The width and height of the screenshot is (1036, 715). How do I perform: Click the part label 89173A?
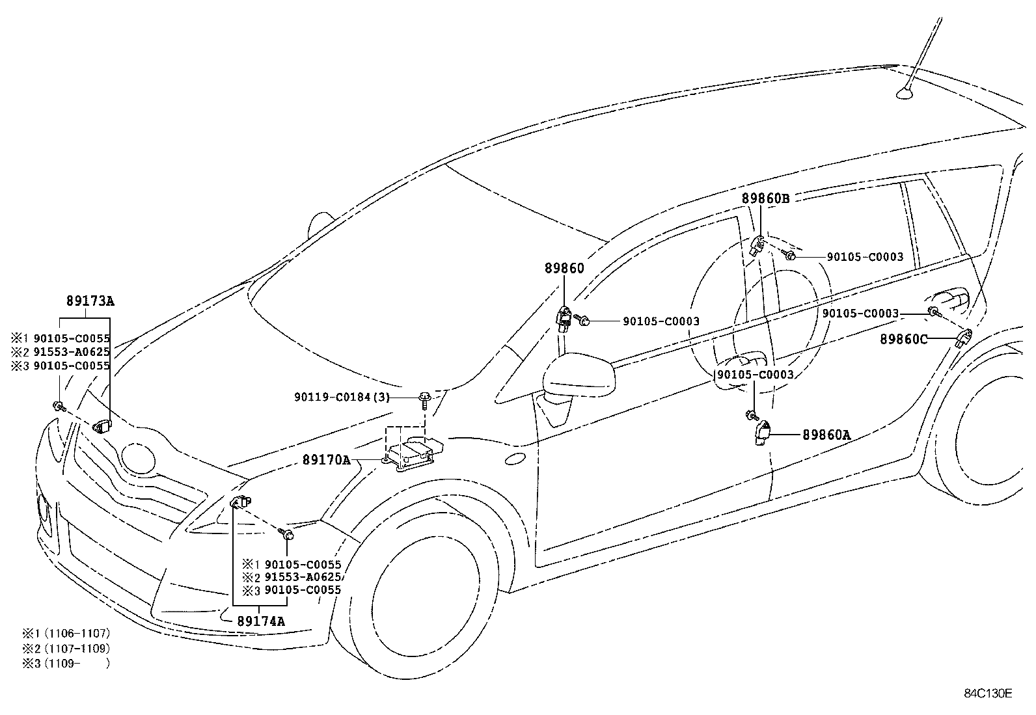click(x=90, y=301)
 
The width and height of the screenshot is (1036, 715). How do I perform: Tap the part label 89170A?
click(x=326, y=460)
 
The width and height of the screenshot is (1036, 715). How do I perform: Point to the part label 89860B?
click(x=765, y=199)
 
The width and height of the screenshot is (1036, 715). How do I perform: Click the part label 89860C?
click(x=903, y=339)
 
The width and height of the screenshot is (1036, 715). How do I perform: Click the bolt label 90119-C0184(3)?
click(x=342, y=397)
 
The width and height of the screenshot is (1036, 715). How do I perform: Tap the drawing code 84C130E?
click(x=988, y=693)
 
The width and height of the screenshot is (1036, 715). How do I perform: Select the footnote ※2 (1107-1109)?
click(x=66, y=648)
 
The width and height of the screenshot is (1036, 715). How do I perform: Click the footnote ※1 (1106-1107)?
click(x=66, y=632)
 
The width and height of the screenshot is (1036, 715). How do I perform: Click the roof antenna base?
click(x=905, y=96)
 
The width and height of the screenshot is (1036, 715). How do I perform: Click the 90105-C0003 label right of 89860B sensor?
click(x=865, y=257)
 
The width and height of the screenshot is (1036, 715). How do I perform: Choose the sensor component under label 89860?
click(x=564, y=318)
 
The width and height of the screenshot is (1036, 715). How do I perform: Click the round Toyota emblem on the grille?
click(x=139, y=459)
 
